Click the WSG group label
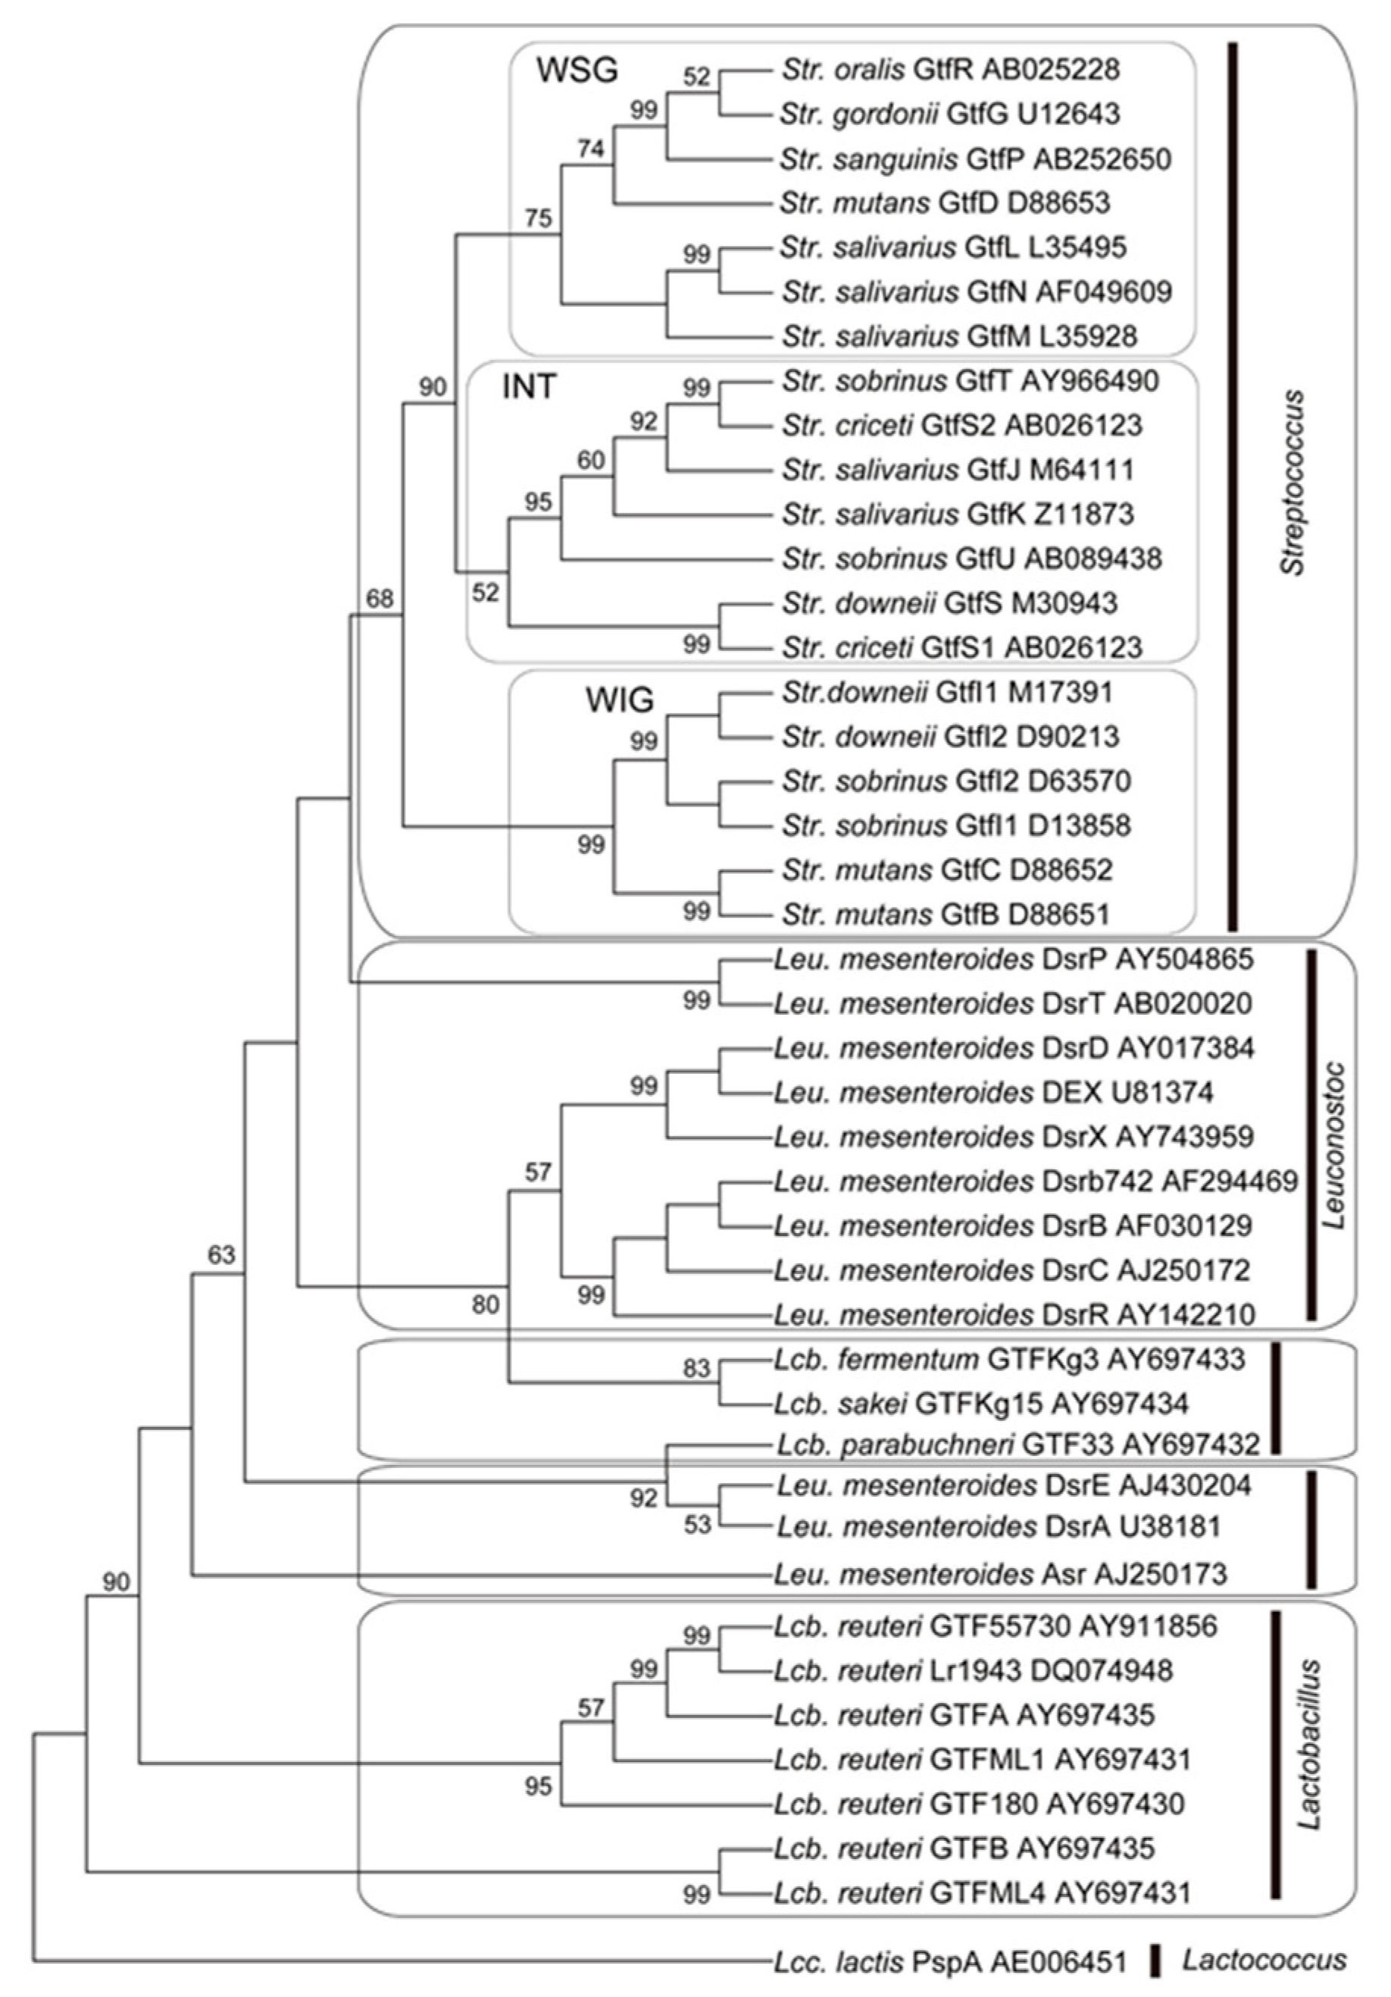[577, 70]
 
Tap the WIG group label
[619, 700]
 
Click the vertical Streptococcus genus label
[1293, 482]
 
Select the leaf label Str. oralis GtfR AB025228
[950, 70]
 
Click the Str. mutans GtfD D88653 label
[946, 202]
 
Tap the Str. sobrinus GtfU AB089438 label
[971, 559]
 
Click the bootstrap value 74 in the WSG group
[590, 149]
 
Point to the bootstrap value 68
[380, 599]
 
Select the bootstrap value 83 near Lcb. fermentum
[696, 1368]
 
